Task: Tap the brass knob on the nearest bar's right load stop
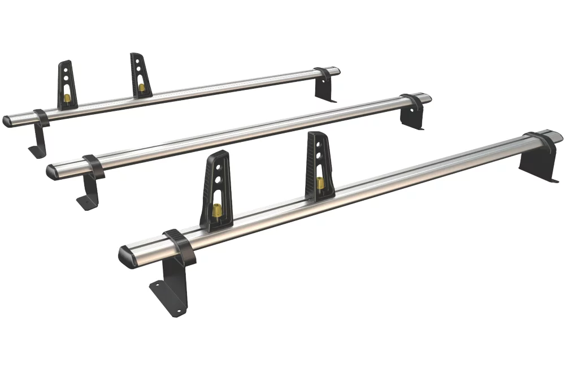pyautogui.click(x=320, y=184)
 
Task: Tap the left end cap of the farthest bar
pyautogui.click(x=8, y=120)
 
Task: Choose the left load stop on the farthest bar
pyautogui.click(x=66, y=85)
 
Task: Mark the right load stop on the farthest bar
pyautogui.click(x=138, y=75)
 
